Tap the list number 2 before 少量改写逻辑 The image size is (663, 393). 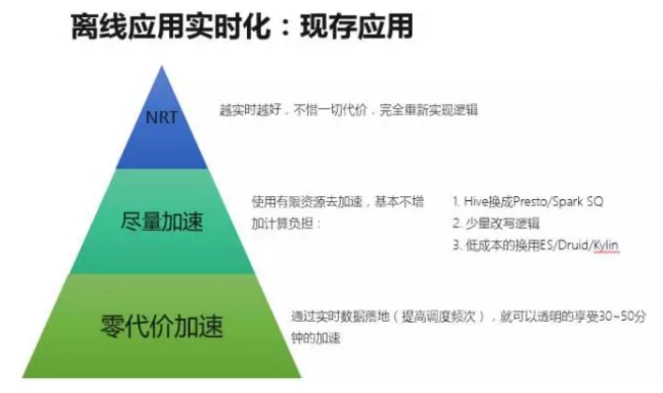click(x=456, y=223)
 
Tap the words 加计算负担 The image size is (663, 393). click(x=287, y=223)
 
